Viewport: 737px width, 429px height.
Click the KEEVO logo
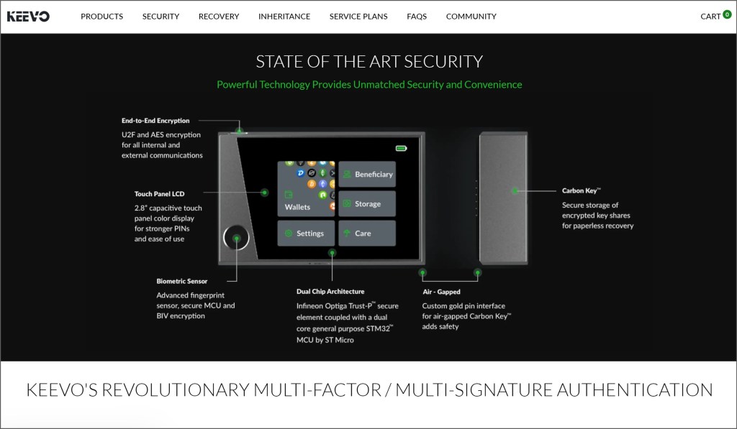(x=28, y=17)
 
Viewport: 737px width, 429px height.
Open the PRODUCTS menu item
(x=102, y=17)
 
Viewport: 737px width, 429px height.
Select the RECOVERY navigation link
(x=219, y=17)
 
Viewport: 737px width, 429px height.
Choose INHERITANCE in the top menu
(x=284, y=17)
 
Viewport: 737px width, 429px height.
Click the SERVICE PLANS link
(x=358, y=17)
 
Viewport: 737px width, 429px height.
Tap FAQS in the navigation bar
(x=417, y=17)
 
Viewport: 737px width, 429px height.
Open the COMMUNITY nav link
(x=471, y=17)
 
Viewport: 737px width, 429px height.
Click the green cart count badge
(x=727, y=14)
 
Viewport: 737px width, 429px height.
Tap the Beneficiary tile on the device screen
(x=367, y=174)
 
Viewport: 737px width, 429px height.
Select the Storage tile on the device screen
(x=367, y=203)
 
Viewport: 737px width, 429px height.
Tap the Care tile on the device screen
(x=367, y=234)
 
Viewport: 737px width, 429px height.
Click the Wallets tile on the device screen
(x=306, y=189)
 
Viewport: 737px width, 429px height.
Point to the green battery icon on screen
(x=401, y=148)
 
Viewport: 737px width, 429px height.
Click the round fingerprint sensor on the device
(x=236, y=238)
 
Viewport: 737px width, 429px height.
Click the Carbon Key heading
(x=581, y=190)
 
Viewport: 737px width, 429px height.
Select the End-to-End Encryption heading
(x=155, y=121)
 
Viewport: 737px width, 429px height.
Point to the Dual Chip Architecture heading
(x=330, y=292)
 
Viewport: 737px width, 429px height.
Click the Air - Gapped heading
(x=441, y=292)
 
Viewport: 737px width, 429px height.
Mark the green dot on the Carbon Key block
(x=515, y=190)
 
